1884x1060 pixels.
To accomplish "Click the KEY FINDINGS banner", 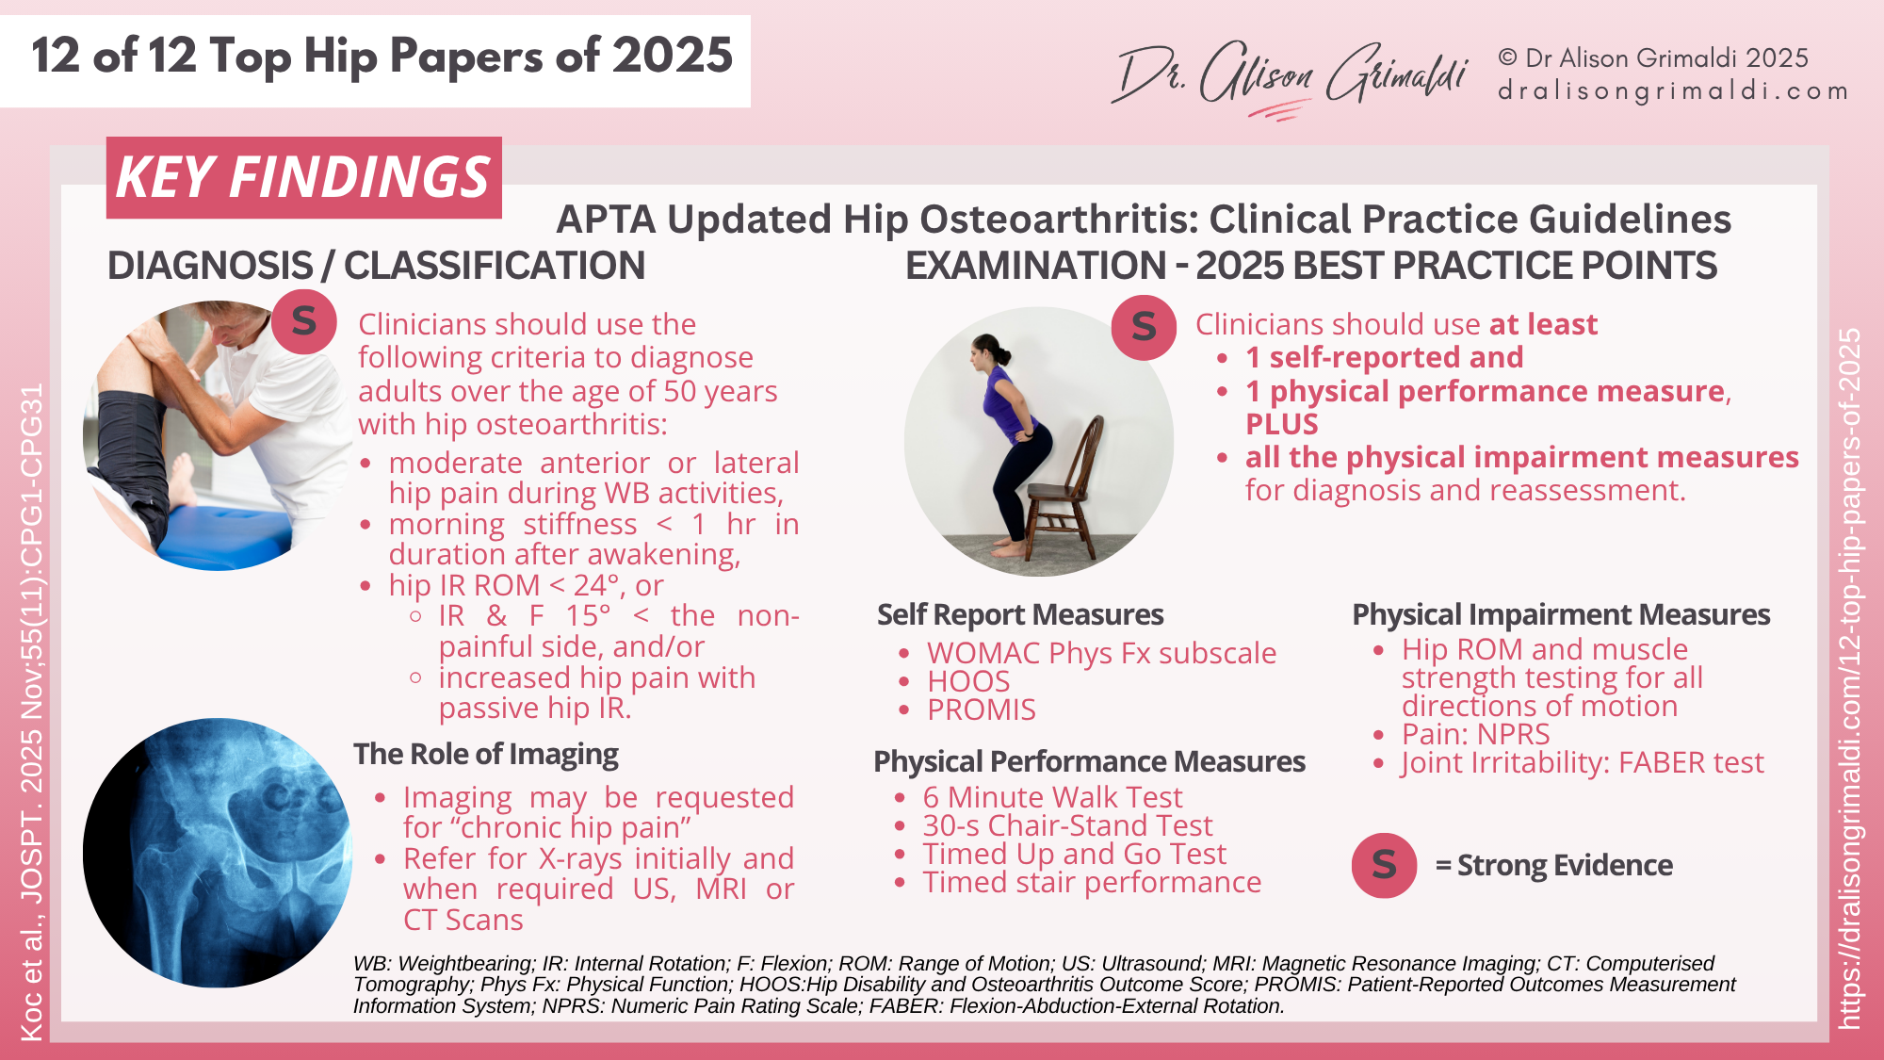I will click(303, 177).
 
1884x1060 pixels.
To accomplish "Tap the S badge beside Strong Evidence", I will click(1384, 865).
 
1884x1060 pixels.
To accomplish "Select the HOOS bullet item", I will click(968, 681).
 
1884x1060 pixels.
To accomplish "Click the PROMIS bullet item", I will click(981, 709).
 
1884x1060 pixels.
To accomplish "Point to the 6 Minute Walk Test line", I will click(1052, 797).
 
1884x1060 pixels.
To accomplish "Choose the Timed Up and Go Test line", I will click(1074, 854).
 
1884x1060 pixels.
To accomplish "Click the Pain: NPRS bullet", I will click(1475, 734).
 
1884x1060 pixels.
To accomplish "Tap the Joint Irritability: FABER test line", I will click(1582, 762).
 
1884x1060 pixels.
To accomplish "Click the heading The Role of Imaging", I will click(485, 754).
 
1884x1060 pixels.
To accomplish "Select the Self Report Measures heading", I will click(1020, 614).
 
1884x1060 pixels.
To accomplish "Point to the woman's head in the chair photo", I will click(986, 351).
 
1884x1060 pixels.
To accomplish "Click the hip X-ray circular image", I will click(217, 853).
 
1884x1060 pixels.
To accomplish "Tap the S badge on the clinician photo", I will click(303, 322).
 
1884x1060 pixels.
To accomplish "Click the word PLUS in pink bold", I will click(1281, 424).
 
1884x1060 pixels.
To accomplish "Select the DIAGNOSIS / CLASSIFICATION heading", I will click(376, 266).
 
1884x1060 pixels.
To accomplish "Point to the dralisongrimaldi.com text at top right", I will click(1672, 91).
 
